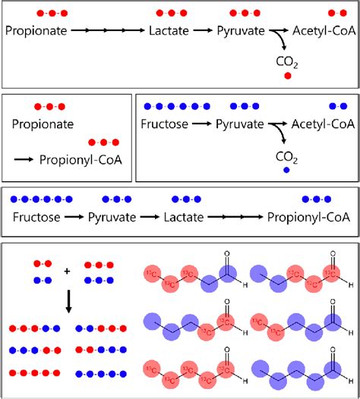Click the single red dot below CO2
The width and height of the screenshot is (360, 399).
tap(288, 76)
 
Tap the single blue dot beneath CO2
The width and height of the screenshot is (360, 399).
tap(286, 171)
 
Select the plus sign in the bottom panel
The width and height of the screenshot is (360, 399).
tap(67, 271)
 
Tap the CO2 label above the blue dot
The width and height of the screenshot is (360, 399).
tap(286, 156)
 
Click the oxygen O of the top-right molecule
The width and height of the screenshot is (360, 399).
tap(332, 256)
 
